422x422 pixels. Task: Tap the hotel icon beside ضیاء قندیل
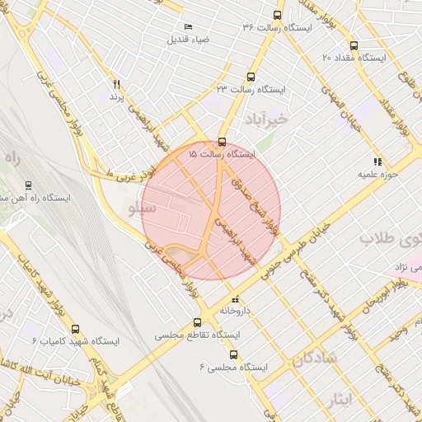pyautogui.click(x=189, y=27)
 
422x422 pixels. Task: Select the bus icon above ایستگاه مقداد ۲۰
pyautogui.click(x=354, y=46)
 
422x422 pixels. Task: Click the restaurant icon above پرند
pyautogui.click(x=116, y=84)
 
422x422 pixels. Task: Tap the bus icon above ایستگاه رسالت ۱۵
pyautogui.click(x=222, y=141)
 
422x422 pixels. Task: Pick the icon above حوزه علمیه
pyautogui.click(x=377, y=162)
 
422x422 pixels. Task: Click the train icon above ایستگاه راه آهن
pyautogui.click(x=30, y=185)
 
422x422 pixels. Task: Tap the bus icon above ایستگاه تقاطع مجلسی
pyautogui.click(x=196, y=323)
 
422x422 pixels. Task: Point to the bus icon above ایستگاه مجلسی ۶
pyautogui.click(x=233, y=354)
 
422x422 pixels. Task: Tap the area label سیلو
pyautogui.click(x=137, y=208)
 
